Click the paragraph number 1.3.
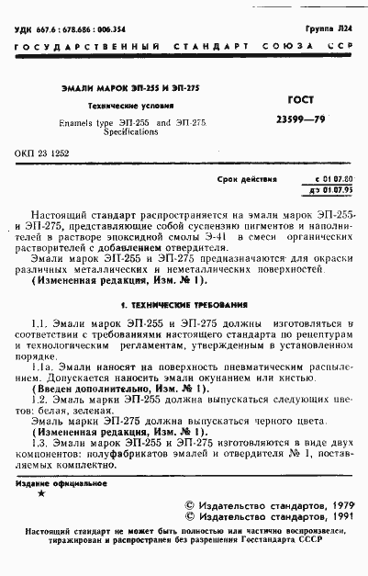38,443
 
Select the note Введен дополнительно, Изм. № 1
110,390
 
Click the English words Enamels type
81,121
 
